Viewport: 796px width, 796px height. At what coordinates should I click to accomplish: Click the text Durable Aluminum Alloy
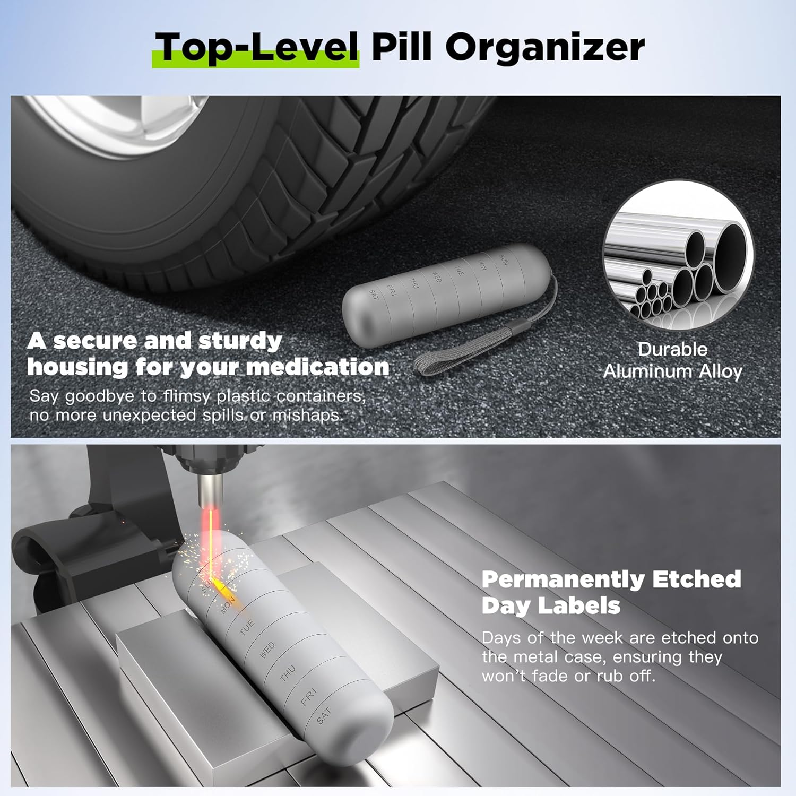(672, 360)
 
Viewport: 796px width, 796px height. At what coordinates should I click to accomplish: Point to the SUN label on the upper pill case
(504, 260)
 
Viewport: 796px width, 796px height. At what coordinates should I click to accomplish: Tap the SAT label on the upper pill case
(374, 295)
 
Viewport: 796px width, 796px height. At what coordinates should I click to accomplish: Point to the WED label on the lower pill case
(267, 650)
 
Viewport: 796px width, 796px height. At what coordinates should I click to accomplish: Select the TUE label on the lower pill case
(247, 627)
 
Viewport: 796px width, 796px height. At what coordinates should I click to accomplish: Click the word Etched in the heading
(696, 579)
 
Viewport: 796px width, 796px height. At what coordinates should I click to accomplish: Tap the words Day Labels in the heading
(551, 605)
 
